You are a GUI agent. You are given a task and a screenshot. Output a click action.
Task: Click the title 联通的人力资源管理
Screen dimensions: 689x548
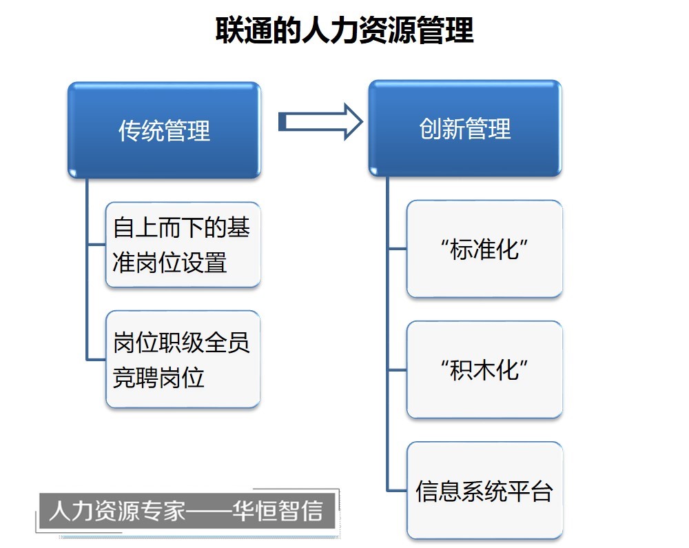coord(344,30)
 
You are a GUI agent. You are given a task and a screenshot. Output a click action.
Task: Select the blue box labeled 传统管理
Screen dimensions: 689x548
coord(165,130)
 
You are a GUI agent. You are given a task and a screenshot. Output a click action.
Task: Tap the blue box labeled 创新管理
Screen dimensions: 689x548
coord(465,128)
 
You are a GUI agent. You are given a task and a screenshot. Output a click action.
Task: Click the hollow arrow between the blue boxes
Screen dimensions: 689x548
coord(321,122)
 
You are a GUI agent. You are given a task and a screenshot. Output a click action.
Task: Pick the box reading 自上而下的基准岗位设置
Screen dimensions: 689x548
coord(183,245)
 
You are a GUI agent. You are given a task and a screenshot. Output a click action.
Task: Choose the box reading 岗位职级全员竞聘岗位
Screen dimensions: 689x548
coord(183,359)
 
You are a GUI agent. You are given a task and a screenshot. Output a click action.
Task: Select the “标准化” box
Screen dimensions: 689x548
coord(484,249)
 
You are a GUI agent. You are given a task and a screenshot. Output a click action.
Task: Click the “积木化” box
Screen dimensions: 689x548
coord(484,369)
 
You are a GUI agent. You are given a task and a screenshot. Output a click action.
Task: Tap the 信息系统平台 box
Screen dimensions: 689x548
coord(484,490)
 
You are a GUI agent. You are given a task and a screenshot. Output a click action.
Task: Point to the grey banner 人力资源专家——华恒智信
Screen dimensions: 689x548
coord(187,511)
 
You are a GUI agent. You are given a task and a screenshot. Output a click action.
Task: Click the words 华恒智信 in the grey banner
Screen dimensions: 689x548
coord(278,511)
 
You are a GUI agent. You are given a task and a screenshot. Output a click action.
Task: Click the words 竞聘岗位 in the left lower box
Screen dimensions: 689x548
coord(158,377)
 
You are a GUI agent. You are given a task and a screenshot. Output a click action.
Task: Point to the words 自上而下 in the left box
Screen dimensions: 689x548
coord(158,227)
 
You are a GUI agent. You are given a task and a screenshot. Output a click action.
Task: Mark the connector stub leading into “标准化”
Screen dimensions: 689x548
coord(398,249)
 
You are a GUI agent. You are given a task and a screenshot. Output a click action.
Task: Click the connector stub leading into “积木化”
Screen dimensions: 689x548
coord(398,370)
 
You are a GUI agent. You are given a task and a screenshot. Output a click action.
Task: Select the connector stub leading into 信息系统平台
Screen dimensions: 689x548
coord(398,490)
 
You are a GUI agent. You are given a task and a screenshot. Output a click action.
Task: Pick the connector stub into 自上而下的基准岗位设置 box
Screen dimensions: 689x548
coord(97,244)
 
